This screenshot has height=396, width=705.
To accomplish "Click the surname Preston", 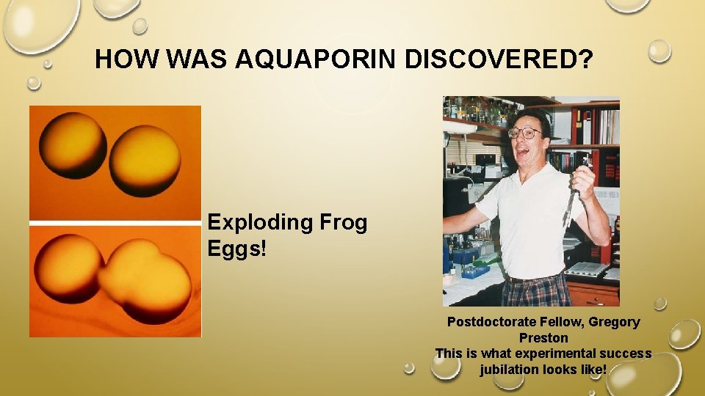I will [543, 338].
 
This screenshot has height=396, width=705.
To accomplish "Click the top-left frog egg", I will [73, 144].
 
